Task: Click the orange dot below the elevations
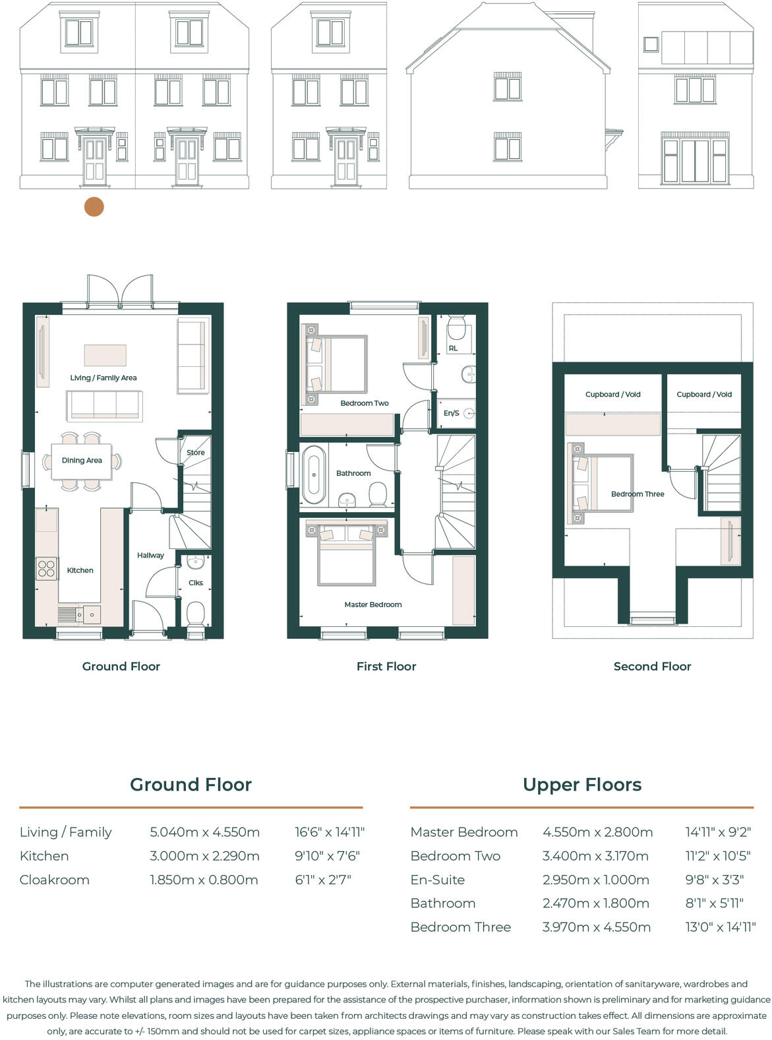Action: [x=94, y=207]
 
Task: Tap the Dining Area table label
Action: [x=82, y=461]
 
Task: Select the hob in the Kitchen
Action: [x=46, y=568]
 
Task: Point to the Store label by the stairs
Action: [x=195, y=453]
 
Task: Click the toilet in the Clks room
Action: [x=196, y=614]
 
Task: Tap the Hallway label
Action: [x=150, y=556]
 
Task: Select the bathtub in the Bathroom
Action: [x=314, y=474]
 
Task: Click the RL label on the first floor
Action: [x=453, y=348]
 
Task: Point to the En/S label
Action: [x=451, y=413]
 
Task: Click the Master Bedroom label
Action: [x=372, y=604]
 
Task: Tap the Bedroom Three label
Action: [x=637, y=494]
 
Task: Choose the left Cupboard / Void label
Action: [x=612, y=395]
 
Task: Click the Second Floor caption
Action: [x=652, y=666]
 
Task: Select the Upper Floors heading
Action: [x=581, y=785]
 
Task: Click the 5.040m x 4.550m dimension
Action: [x=204, y=832]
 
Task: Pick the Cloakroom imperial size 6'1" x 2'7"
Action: [x=322, y=880]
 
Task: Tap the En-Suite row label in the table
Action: [x=437, y=880]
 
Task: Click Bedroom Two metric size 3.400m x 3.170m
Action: [x=595, y=856]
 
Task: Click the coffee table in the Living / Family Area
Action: [x=105, y=355]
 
